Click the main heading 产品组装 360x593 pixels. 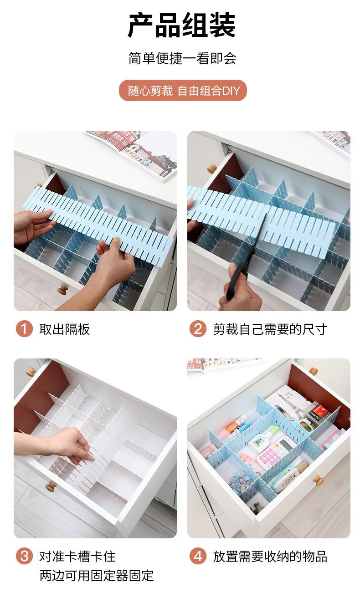[x=182, y=26]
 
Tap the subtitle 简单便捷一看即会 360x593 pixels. [x=182, y=58]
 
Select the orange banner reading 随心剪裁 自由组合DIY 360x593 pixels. [x=182, y=91]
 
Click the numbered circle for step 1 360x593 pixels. [x=24, y=329]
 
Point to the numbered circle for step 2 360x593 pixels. [x=198, y=329]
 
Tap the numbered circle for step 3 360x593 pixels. [x=24, y=556]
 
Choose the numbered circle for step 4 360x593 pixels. [x=198, y=556]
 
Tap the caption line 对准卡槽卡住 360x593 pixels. [x=77, y=556]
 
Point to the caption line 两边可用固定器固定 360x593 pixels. [x=97, y=575]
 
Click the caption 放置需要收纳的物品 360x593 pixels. [x=270, y=556]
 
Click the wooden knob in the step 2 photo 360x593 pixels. [x=212, y=169]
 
